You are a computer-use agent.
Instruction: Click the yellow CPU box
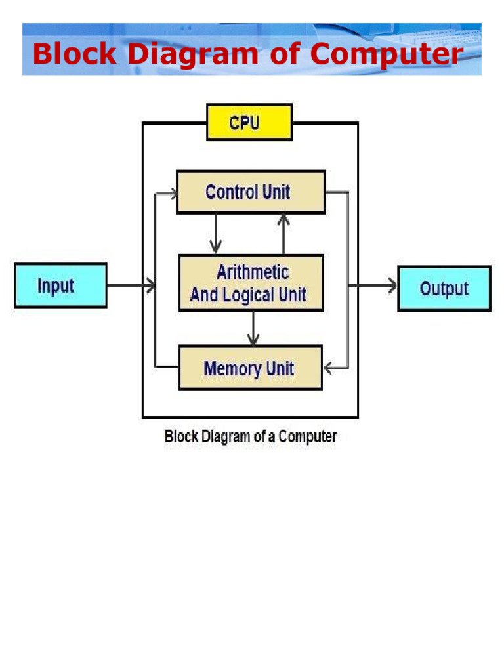coord(249,122)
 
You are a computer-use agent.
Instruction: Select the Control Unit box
coord(251,192)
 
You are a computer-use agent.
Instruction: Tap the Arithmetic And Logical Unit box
coord(251,283)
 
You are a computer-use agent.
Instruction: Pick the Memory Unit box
coord(250,367)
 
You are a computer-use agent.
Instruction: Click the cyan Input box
coord(60,285)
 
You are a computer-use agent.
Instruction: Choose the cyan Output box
coord(444,288)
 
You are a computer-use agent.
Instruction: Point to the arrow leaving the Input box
coord(131,285)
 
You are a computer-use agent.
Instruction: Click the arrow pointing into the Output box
coord(374,285)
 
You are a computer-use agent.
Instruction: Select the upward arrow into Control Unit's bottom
coord(283,234)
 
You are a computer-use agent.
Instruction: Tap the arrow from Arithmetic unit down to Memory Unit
coord(253,328)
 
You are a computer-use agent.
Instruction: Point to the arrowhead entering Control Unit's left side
coord(171,194)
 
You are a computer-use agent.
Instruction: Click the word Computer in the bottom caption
coord(308,436)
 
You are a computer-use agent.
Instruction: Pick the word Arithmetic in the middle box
coord(253,272)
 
